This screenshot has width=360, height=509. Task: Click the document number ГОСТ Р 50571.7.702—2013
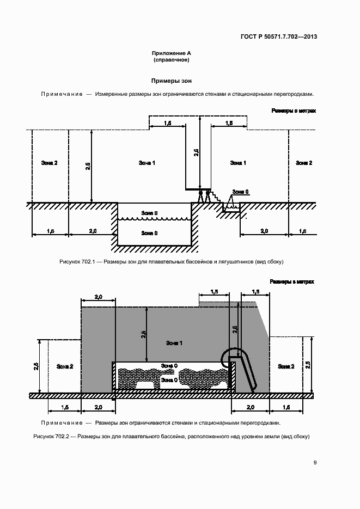click(279, 36)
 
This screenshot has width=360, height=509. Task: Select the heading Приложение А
click(172, 53)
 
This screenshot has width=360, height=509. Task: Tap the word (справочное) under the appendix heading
click(172, 60)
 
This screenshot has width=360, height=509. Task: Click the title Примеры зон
click(172, 81)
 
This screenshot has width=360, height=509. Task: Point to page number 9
click(315, 462)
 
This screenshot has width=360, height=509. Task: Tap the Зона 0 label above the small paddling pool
click(240, 192)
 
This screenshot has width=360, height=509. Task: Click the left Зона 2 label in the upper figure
click(50, 163)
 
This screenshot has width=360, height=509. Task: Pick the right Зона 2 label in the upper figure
click(304, 163)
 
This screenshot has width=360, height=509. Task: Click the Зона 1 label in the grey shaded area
click(174, 343)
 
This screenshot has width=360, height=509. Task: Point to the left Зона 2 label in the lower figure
click(65, 366)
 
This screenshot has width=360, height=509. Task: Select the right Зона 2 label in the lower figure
click(286, 366)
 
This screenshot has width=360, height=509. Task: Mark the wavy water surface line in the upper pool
click(154, 219)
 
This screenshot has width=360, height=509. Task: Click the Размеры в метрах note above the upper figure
click(294, 111)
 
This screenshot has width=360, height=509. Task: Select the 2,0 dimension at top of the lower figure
click(99, 297)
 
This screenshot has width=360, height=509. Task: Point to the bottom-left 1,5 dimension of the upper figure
click(50, 231)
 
